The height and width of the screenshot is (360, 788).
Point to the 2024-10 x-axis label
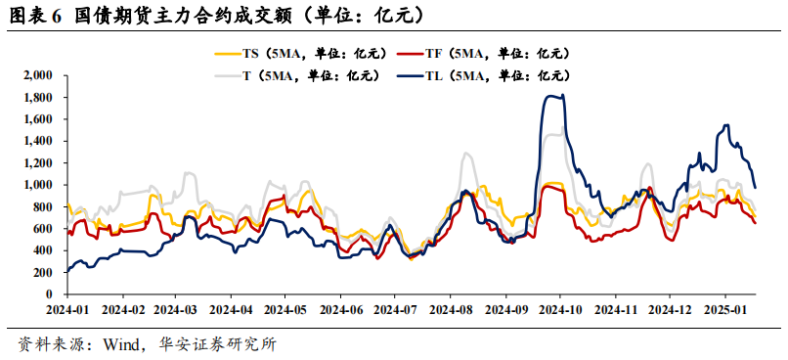tap(560, 310)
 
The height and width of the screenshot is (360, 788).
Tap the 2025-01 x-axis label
tap(724, 310)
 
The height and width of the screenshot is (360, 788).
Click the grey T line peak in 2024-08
tap(466, 154)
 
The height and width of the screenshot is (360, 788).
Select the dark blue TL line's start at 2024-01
tap(66, 271)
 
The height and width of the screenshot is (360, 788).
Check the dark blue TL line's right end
tap(755, 187)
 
